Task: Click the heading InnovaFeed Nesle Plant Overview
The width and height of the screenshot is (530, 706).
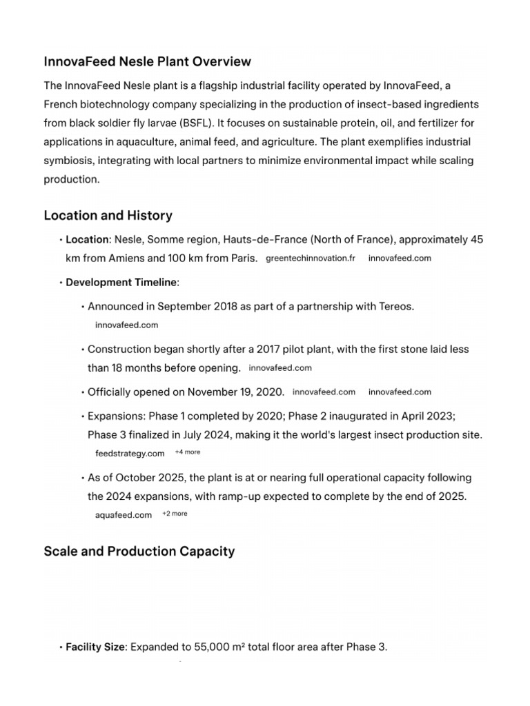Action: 148,62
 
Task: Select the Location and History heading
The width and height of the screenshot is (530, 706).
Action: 108,215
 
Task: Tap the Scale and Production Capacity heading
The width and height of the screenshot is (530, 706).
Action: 139,551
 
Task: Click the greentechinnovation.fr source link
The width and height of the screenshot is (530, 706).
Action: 311,259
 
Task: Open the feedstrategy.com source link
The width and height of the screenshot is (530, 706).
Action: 130,453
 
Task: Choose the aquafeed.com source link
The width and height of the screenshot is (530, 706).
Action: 124,514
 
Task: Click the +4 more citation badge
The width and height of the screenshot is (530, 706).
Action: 188,452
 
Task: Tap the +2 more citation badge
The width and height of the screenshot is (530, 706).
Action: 175,514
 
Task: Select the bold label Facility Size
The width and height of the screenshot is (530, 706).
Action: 96,647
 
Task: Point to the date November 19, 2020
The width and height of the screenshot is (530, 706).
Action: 235,392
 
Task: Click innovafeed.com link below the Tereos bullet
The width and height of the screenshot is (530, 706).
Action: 126,324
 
